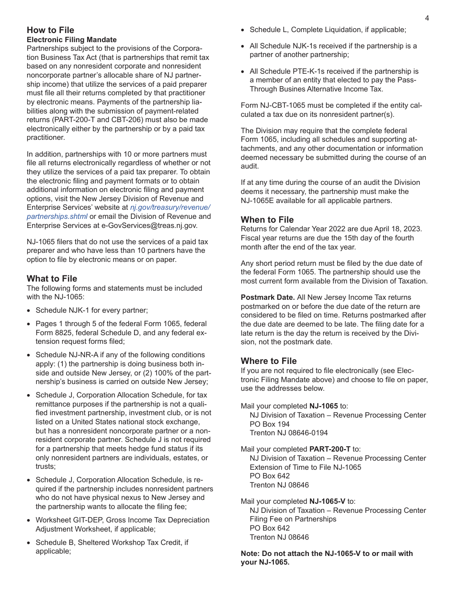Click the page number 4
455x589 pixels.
coord(427,18)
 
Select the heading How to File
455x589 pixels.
coord(50,30)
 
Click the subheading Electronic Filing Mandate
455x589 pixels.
coord(71,40)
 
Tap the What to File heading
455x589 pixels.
coord(52,279)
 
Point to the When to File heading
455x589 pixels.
coord(267,220)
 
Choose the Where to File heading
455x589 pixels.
coord(269,361)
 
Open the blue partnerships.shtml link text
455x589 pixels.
coord(57,216)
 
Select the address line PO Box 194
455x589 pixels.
coord(270,424)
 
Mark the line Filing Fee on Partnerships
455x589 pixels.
coord(293,519)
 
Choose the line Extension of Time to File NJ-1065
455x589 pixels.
coord(306,467)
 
